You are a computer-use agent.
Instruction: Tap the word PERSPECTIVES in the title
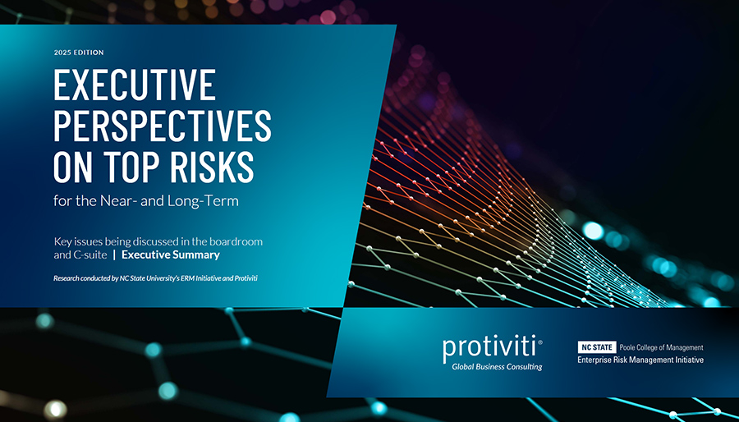click(x=163, y=126)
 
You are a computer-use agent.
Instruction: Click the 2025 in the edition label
click(x=62, y=53)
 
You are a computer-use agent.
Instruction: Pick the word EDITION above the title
click(x=88, y=53)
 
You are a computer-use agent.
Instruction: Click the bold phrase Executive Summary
click(x=171, y=255)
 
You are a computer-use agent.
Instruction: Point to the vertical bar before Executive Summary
click(x=114, y=255)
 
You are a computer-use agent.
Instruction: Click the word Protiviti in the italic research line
click(x=245, y=278)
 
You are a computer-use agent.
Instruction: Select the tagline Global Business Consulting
click(x=497, y=367)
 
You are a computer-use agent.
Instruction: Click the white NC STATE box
click(x=597, y=347)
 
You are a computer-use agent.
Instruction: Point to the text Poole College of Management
click(x=661, y=347)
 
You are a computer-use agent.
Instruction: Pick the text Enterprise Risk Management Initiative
click(x=640, y=360)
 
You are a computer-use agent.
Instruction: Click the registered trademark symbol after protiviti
click(x=540, y=342)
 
